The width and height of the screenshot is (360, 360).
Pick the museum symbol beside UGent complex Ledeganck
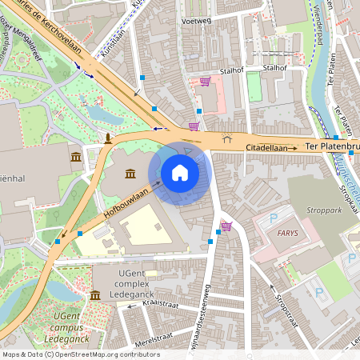tap(95, 296)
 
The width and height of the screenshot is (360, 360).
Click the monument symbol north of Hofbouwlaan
tap(108, 139)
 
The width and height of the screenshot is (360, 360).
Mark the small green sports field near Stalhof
tap(254, 87)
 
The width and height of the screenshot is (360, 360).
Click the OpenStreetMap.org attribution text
tap(104, 354)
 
